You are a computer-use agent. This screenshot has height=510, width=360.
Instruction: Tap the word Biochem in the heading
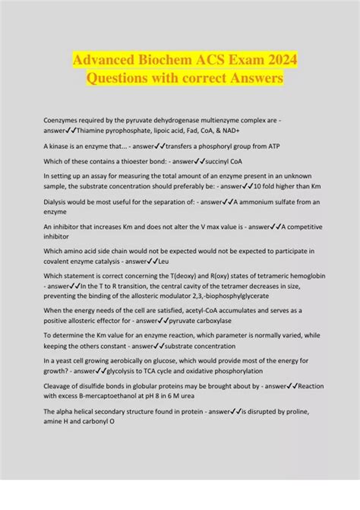159,59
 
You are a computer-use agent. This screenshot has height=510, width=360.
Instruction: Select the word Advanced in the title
99,59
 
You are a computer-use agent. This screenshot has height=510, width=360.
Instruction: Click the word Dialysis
58,201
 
